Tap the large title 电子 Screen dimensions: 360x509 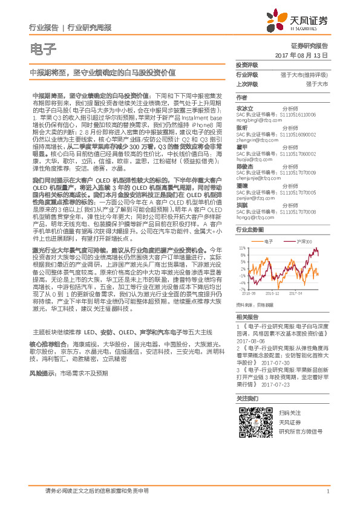(x=42, y=49)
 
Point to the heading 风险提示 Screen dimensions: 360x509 (x=41, y=374)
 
